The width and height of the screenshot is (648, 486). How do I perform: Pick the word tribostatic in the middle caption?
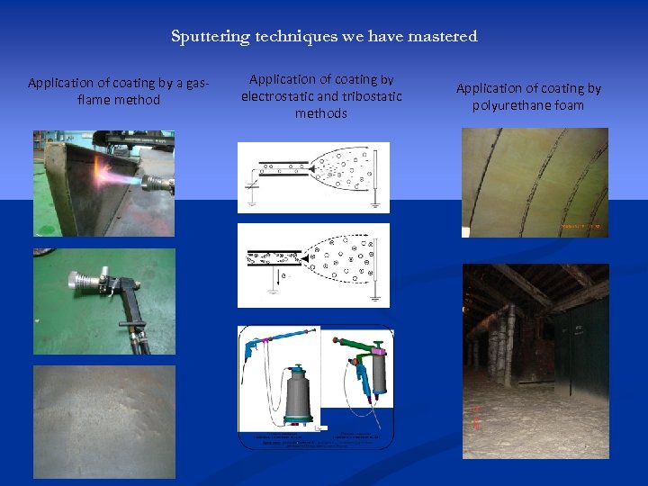pos(372,96)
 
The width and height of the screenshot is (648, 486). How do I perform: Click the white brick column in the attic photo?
pos(509,342)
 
